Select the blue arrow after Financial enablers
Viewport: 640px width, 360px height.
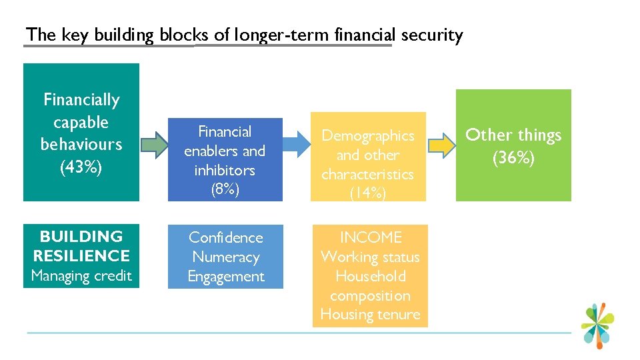point(296,145)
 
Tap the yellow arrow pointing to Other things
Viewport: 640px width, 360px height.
point(439,145)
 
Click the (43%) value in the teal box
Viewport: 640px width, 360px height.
point(81,167)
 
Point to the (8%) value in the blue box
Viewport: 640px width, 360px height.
point(225,189)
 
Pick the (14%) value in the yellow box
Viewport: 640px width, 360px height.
point(367,193)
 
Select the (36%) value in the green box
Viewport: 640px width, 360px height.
point(513,159)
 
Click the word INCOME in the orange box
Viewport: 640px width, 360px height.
point(371,237)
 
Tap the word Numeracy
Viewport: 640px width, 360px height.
point(225,257)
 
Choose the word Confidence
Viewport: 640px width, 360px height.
point(225,237)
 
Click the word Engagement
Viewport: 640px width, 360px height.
point(225,276)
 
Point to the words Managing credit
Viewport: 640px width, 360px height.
point(81,275)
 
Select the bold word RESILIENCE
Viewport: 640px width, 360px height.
point(81,256)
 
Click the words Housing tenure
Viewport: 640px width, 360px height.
point(371,315)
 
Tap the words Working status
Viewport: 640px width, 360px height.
point(371,257)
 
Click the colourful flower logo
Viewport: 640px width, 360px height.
point(597,325)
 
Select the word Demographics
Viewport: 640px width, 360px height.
point(367,135)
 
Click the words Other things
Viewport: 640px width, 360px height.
point(513,135)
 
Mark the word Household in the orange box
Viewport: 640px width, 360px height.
point(371,276)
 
